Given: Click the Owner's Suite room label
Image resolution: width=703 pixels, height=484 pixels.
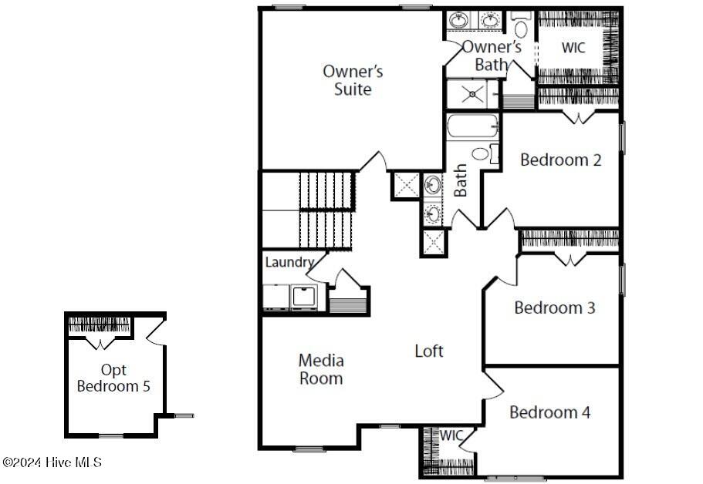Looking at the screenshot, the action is click(x=353, y=81).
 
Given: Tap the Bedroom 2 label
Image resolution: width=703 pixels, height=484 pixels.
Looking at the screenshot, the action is click(x=561, y=160).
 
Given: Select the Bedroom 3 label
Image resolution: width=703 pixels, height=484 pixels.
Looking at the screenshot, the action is click(x=555, y=308).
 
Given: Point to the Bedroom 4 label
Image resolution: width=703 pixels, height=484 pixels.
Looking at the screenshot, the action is click(x=550, y=412).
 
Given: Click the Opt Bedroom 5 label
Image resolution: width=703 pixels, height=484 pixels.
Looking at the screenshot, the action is click(x=113, y=378).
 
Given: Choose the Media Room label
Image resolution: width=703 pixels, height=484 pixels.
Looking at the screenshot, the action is click(x=321, y=369).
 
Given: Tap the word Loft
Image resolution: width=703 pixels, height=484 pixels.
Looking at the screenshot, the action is click(x=429, y=351).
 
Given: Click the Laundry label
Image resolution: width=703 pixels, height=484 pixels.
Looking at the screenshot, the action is click(x=289, y=262).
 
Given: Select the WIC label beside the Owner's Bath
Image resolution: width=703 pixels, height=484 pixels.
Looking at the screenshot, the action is click(x=573, y=48).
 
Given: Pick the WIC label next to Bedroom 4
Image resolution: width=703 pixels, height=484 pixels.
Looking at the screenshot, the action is click(x=451, y=435).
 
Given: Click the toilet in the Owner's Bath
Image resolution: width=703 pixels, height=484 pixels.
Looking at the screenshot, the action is click(x=521, y=25).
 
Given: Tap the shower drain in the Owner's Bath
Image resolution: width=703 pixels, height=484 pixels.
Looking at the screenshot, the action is click(x=472, y=94).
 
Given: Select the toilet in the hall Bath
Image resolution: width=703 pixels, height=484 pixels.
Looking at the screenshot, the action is click(x=485, y=154).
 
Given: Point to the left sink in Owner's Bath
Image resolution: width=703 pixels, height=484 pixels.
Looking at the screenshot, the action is click(x=458, y=21).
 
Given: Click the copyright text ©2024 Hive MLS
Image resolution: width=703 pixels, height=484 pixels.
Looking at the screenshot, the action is click(x=52, y=462).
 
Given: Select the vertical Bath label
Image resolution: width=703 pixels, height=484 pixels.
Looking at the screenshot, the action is click(x=461, y=180).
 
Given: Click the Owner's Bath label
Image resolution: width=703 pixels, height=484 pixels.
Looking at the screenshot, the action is click(x=492, y=55).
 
